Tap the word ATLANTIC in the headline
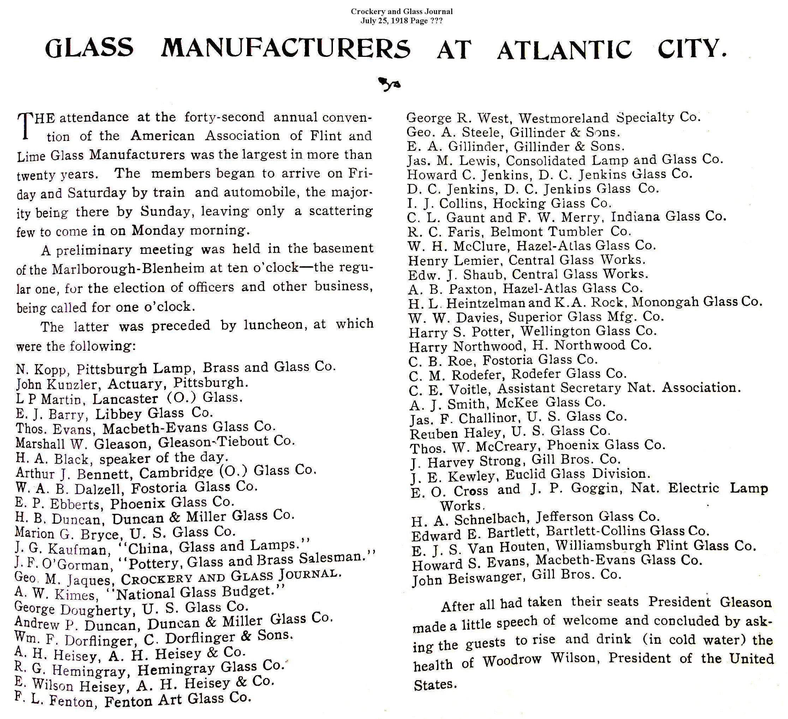564,50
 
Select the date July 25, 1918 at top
385,21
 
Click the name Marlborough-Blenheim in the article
129,269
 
